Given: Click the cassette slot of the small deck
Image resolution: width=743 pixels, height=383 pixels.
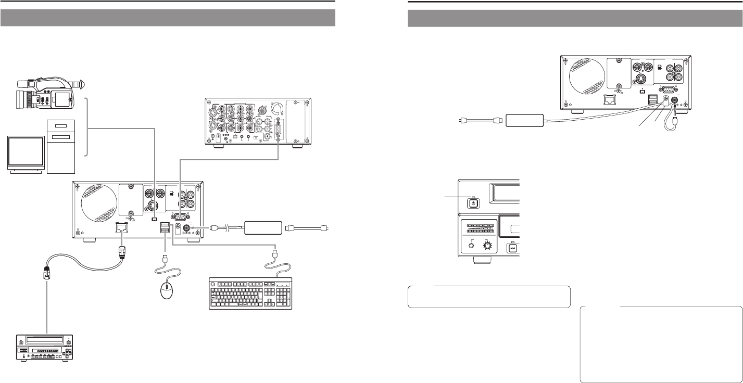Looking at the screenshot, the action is click(x=44, y=339).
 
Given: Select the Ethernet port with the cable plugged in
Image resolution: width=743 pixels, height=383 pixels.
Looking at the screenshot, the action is click(x=121, y=227).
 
